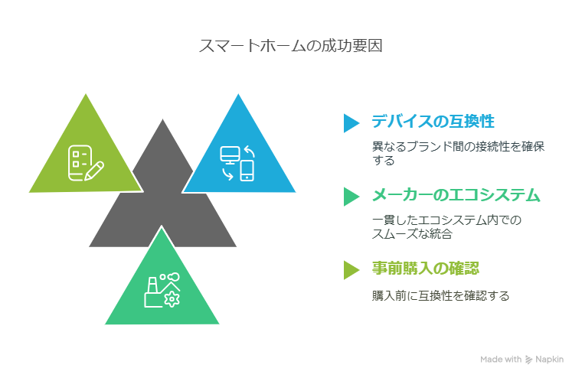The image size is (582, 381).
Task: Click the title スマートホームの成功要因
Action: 291,46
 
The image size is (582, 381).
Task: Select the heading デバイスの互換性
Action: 433,122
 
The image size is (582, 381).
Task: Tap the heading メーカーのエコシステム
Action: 456,195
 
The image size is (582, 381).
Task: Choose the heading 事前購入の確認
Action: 426,269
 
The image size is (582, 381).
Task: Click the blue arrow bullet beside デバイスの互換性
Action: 351,123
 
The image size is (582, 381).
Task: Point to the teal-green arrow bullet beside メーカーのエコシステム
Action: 351,197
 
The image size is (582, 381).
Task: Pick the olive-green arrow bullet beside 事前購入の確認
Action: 351,270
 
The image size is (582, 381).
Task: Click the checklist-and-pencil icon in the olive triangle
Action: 86,163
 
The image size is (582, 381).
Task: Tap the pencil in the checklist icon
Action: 94,171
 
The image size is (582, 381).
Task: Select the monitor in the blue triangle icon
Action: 230,155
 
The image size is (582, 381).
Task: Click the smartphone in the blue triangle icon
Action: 247,171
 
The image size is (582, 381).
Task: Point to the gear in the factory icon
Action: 172,299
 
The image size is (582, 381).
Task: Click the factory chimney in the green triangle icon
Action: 152,285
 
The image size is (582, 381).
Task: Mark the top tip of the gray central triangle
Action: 162,119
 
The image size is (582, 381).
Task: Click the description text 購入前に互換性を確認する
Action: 440,295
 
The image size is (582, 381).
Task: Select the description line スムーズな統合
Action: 412,234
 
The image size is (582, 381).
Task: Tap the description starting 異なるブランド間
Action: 458,153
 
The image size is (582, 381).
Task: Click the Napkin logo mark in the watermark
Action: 528,360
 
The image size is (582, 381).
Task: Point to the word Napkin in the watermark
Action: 549,360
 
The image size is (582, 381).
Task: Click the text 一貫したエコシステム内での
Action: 446,220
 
